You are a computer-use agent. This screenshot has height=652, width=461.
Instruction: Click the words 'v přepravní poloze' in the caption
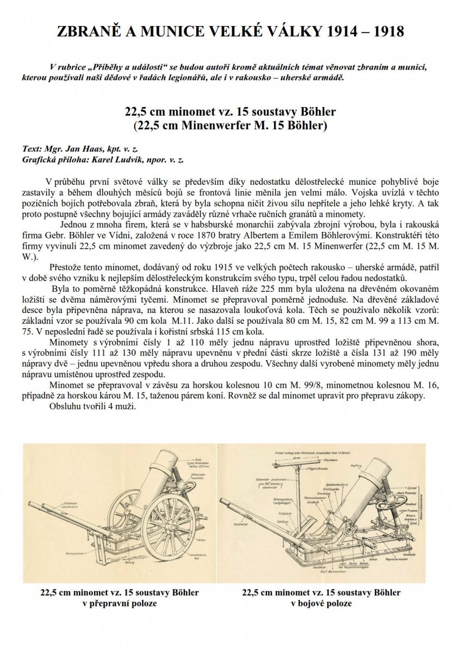click(119, 603)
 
